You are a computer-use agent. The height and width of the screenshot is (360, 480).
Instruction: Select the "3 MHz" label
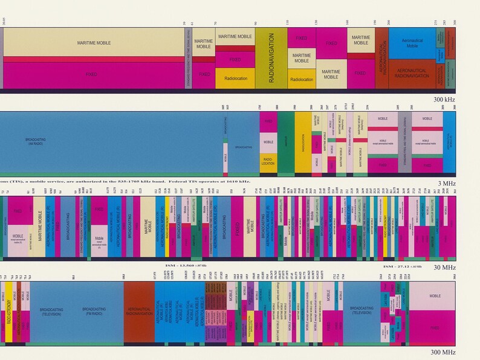(x=459, y=183)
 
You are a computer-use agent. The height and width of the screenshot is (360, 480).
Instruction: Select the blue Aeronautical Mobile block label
(x=412, y=43)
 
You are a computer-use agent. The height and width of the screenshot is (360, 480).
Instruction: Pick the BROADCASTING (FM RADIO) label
(x=96, y=310)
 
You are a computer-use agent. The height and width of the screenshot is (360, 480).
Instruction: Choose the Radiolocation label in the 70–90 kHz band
(x=235, y=79)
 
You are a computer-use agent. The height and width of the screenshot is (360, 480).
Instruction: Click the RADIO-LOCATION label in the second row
(x=268, y=161)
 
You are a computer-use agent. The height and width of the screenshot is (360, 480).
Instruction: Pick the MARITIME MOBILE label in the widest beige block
(x=94, y=43)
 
